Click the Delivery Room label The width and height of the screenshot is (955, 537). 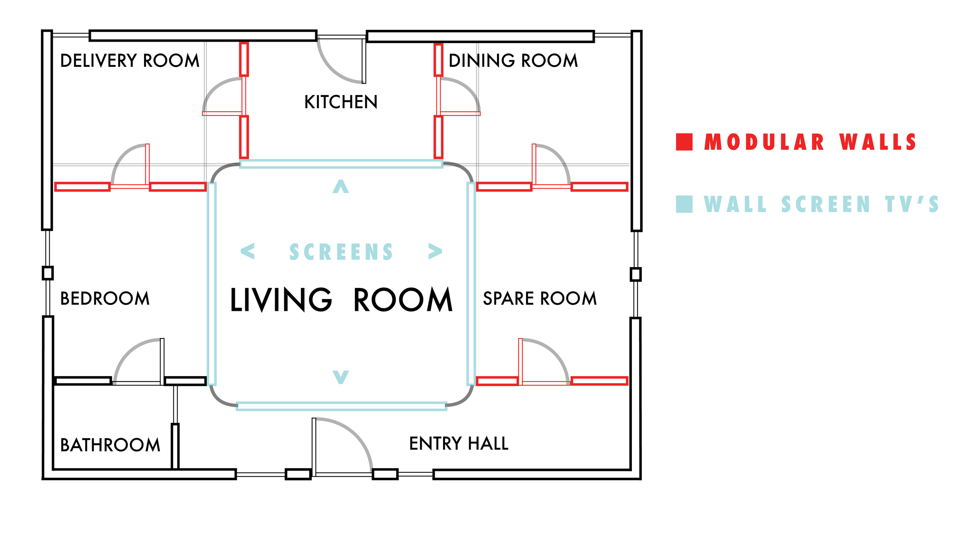pos(130,61)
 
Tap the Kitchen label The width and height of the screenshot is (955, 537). pos(341,102)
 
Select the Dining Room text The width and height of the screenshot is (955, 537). pos(513,61)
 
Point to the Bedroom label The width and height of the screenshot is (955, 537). pos(105,298)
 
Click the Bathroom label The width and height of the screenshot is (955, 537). pos(110,445)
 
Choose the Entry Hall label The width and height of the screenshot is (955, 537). pos(458,443)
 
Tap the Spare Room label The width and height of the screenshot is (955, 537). pos(539,298)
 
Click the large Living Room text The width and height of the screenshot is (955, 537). pos(341,300)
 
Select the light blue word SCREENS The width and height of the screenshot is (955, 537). pos(341,252)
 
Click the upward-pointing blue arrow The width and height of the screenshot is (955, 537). pos(341,187)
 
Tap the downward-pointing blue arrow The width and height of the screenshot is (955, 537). pos(341,377)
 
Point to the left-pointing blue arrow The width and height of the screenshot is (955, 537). pos(248,251)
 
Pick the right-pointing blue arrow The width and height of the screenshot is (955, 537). pos(435,251)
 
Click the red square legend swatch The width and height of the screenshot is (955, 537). pos(684,142)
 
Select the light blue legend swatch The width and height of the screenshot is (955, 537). pos(684,204)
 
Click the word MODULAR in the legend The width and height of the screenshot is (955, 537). pos(764,142)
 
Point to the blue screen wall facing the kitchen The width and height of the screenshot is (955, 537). pos(341,164)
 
